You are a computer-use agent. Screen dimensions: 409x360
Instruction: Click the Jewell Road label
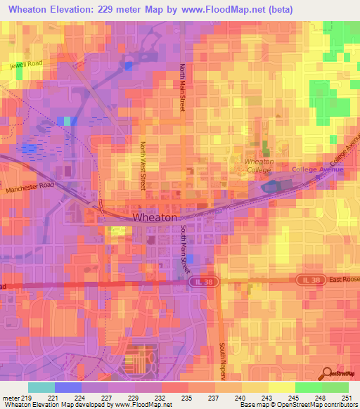click(x=27, y=65)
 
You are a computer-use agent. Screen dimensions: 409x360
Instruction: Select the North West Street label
click(x=142, y=166)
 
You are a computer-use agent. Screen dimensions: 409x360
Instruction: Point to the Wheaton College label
click(x=258, y=165)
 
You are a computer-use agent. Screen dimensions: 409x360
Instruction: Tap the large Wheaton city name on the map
click(x=155, y=218)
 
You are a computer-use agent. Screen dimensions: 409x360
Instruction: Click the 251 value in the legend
click(x=347, y=398)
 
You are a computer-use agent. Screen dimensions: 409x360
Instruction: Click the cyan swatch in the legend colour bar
click(x=41, y=387)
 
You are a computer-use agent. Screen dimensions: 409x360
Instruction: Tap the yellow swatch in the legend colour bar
click(x=281, y=387)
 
